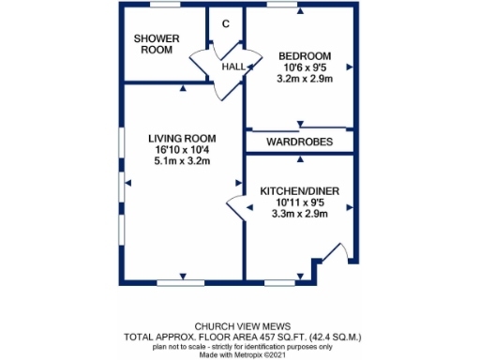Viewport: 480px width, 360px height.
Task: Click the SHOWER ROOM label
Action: click(x=154, y=44)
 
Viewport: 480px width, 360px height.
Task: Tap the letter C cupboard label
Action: click(x=225, y=23)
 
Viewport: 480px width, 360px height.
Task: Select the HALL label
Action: click(x=233, y=69)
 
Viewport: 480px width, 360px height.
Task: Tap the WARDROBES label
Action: click(x=299, y=142)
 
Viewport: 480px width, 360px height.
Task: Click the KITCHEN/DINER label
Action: click(x=299, y=191)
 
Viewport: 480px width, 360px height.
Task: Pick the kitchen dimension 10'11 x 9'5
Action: click(x=299, y=203)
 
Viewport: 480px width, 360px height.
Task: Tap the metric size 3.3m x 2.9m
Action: click(x=299, y=216)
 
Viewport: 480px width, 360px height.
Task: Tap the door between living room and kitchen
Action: click(x=235, y=205)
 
